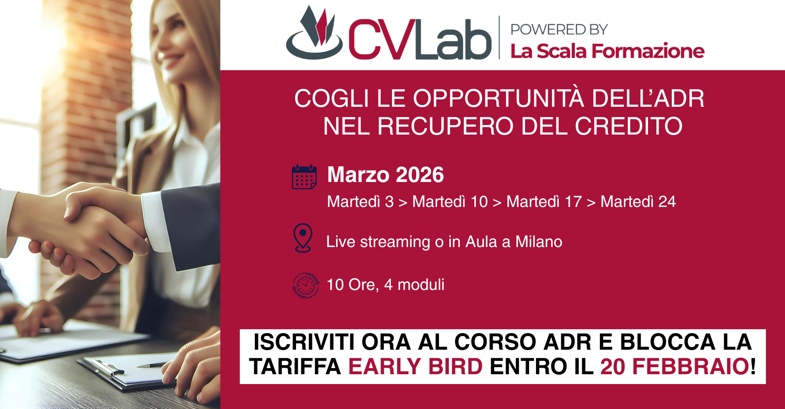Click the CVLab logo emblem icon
click(314, 33)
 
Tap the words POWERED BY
click(559, 29)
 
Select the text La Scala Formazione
click(607, 51)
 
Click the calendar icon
click(304, 177)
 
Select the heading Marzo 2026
click(386, 175)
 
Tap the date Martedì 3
click(360, 202)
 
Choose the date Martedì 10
click(450, 202)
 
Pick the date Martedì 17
click(544, 202)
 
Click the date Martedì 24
click(638, 202)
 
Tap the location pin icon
click(303, 238)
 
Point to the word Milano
click(539, 242)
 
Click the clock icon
click(305, 285)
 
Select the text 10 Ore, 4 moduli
click(386, 285)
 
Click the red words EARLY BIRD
click(415, 366)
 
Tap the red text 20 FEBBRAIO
click(675, 366)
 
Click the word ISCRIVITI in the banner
click(304, 342)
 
